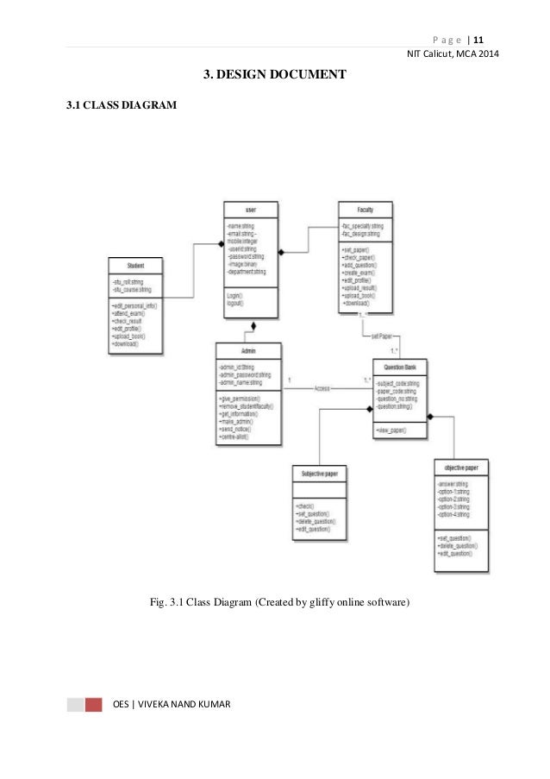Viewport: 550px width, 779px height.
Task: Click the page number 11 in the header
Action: (478, 38)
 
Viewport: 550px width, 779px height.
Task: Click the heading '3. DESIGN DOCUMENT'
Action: (274, 76)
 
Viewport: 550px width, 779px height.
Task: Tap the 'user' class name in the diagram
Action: (250, 210)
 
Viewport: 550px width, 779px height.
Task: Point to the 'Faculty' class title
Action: (366, 210)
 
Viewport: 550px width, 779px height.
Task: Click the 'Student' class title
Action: (135, 265)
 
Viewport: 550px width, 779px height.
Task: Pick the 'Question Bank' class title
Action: (399, 367)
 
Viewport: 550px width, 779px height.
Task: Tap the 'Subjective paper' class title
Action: (320, 474)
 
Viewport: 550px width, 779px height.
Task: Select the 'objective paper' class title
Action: (461, 467)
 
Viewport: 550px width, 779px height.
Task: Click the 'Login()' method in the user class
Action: (234, 294)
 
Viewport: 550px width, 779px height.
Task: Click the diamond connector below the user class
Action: (253, 327)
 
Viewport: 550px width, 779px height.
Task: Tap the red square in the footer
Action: (93, 704)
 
